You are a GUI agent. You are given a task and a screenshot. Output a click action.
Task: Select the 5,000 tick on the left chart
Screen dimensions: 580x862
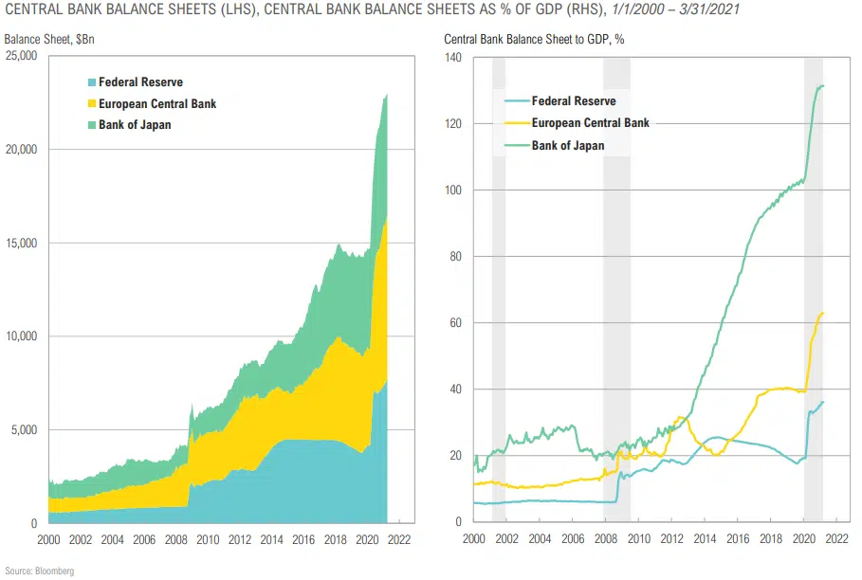[22, 430]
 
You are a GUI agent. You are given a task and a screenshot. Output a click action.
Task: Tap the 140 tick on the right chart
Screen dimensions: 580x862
[454, 57]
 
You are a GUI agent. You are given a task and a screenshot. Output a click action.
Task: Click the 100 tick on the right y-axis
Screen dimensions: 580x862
[454, 190]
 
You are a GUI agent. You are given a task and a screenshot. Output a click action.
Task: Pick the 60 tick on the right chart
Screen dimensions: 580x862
[457, 322]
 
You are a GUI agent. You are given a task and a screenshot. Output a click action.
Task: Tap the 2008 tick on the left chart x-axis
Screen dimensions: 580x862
[176, 538]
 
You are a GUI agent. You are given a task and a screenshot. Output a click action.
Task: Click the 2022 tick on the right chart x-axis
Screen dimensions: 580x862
[836, 538]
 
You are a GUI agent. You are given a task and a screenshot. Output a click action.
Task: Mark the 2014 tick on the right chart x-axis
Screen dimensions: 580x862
[705, 538]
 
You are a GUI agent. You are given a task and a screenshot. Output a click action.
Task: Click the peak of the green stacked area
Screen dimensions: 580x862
[387, 94]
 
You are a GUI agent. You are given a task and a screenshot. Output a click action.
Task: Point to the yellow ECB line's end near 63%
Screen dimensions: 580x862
[822, 313]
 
